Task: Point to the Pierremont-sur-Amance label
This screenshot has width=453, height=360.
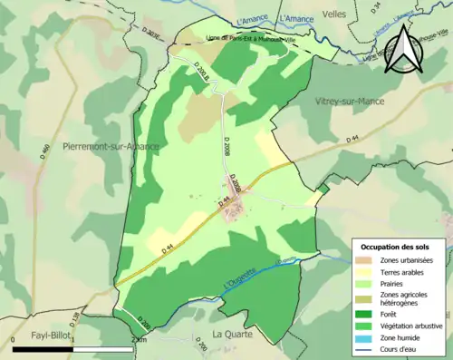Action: coord(111,147)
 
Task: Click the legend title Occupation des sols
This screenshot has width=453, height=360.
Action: coord(396,247)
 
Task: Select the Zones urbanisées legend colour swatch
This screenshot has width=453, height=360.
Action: coord(367,261)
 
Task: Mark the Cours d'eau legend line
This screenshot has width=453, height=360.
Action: coord(367,347)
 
